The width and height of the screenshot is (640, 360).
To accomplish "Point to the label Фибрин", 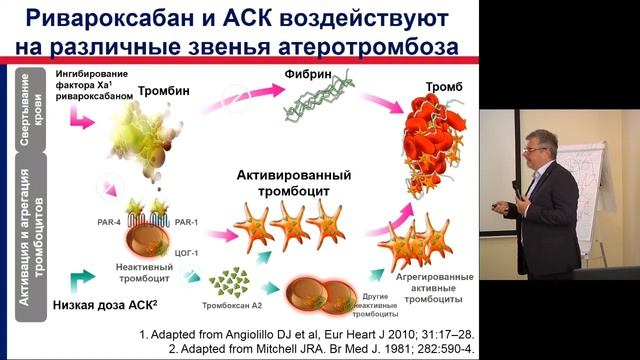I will click(x=310, y=73).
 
